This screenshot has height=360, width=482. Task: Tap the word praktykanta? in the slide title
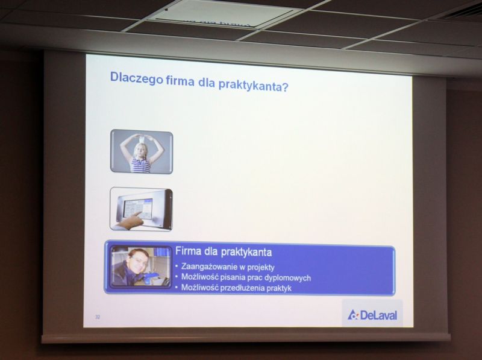(x=254, y=86)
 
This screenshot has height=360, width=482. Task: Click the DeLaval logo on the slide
(x=372, y=315)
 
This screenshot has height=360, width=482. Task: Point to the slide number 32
(x=98, y=317)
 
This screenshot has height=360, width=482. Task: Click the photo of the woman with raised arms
(x=142, y=152)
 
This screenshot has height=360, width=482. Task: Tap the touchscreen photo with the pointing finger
(x=141, y=209)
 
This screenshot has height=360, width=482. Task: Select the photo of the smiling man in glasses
(x=141, y=267)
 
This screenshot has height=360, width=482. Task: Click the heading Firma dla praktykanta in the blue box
(x=224, y=251)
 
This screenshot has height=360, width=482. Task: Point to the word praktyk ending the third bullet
(x=279, y=288)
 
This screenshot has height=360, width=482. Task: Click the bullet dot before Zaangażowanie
(x=177, y=265)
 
